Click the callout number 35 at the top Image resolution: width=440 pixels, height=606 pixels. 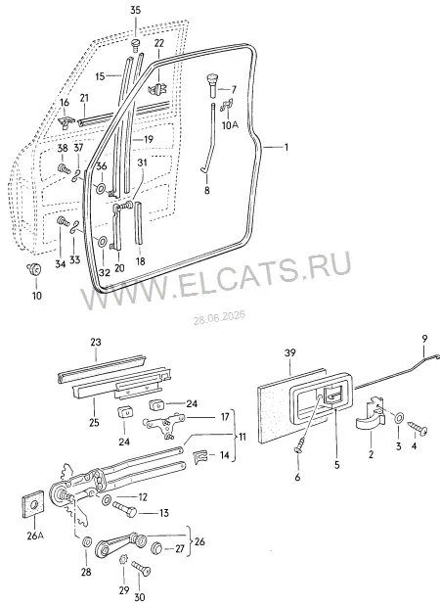coord(136,11)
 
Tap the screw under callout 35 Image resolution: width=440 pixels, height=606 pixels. coord(135,44)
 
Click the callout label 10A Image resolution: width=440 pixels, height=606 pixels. coord(231,125)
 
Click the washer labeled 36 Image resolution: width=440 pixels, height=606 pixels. coord(101,189)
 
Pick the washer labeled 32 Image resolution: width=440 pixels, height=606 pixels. coord(103,242)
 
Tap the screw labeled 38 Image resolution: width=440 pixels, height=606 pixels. coord(63,169)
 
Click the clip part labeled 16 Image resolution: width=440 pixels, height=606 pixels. coord(66,122)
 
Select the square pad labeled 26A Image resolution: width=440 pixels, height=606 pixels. coord(32,504)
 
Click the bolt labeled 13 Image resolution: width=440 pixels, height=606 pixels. coord(124,510)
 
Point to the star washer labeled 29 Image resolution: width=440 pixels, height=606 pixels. coord(123,570)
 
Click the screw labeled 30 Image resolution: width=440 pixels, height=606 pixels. coord(141,568)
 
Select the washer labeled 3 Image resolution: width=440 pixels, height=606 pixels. coord(398,418)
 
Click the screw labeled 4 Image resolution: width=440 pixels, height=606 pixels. coord(418,428)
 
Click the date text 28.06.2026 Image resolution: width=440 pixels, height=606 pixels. coord(219,318)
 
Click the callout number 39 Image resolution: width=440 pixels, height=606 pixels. coord(290,352)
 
